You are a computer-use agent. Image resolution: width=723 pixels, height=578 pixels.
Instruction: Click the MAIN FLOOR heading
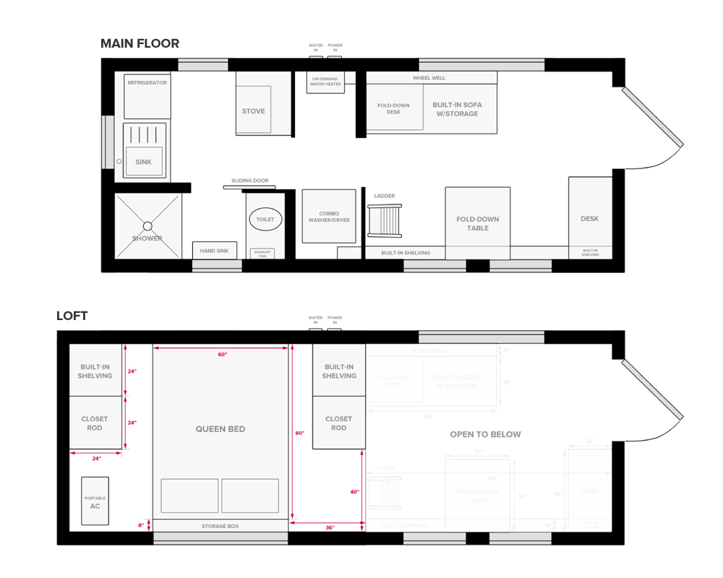tap(140, 44)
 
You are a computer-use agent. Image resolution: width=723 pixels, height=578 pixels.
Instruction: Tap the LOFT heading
tap(72, 316)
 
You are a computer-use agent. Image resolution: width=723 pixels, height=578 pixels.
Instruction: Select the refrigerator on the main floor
tap(147, 95)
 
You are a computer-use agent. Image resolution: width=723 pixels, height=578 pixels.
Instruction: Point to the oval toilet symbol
tap(265, 219)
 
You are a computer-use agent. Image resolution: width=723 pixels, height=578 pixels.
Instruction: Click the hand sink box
tap(214, 250)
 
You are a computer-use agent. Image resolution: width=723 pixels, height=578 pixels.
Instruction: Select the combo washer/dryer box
tap(329, 216)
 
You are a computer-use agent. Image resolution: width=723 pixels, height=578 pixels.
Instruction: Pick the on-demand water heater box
tap(326, 82)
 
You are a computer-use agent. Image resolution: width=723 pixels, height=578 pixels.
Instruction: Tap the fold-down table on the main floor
tap(477, 223)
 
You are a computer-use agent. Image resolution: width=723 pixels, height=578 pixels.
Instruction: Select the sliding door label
tap(249, 181)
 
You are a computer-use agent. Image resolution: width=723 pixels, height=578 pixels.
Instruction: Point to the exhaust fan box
tap(261, 254)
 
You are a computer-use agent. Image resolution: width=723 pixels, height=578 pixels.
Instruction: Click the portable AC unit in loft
tap(95, 501)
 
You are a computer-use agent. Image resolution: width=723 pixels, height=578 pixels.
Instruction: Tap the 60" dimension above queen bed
tap(222, 355)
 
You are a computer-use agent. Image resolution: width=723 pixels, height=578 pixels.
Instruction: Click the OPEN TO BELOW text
tap(485, 434)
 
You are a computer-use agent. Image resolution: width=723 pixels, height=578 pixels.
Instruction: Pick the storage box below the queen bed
tap(220, 526)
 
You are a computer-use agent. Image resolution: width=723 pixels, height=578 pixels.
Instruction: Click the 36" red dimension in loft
tap(330, 528)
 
